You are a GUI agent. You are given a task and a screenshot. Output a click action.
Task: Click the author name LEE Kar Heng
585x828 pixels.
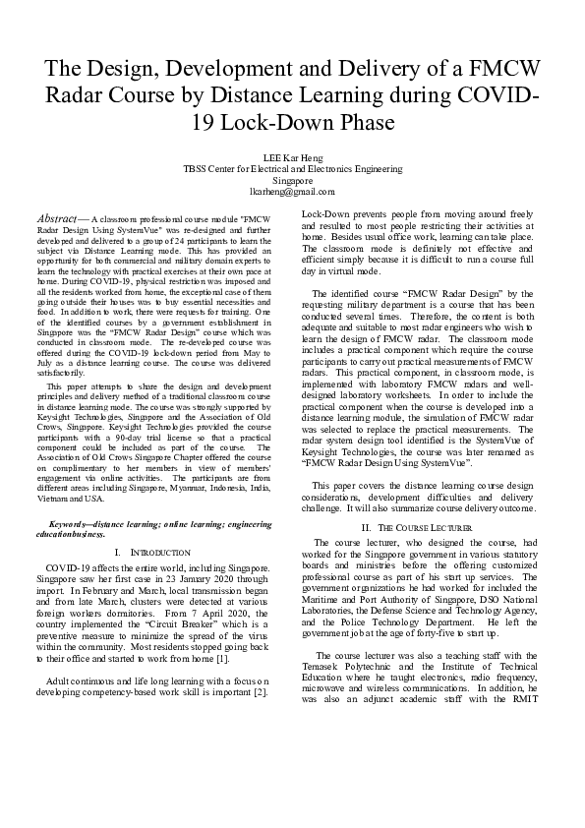tap(292, 156)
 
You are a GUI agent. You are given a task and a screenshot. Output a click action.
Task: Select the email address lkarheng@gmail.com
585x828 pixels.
tap(292, 192)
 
